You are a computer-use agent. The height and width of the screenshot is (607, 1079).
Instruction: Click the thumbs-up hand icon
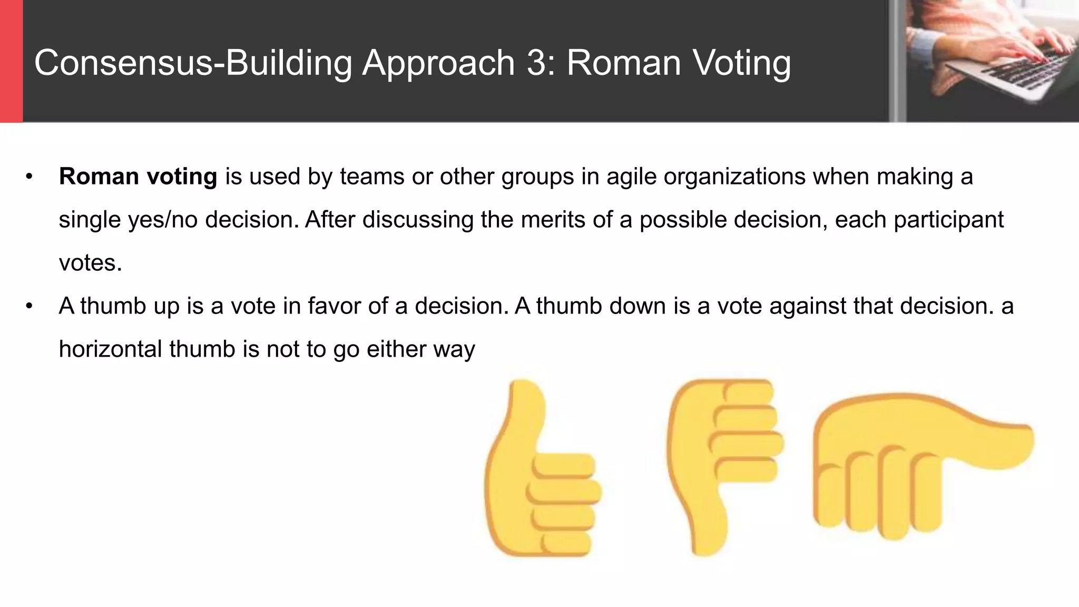tap(540, 474)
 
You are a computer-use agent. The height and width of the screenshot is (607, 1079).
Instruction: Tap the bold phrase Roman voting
tap(138, 177)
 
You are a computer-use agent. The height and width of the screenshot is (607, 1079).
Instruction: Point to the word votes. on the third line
tap(90, 263)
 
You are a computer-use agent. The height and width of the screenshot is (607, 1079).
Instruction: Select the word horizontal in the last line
tap(110, 349)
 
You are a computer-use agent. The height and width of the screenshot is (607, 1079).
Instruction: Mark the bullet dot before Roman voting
tap(30, 177)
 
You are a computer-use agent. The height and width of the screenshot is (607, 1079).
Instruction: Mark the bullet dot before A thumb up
tap(30, 306)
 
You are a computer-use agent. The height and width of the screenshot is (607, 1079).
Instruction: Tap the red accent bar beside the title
tap(11, 61)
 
